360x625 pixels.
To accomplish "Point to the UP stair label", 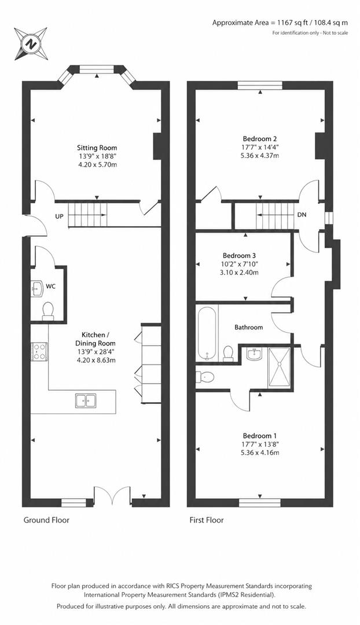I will pyautogui.click(x=59, y=216).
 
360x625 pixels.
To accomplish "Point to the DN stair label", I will pyautogui.click(x=302, y=215).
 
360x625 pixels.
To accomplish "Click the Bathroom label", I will pyautogui.click(x=248, y=328).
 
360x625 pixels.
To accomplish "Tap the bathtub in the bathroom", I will pyautogui.click(x=207, y=333).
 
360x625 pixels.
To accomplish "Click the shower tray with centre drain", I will pyautogui.click(x=281, y=365).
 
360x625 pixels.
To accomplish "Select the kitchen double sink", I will pyautogui.click(x=86, y=400).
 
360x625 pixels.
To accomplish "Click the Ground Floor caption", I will pyautogui.click(x=46, y=520).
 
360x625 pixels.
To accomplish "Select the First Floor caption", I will pyautogui.click(x=207, y=520).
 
